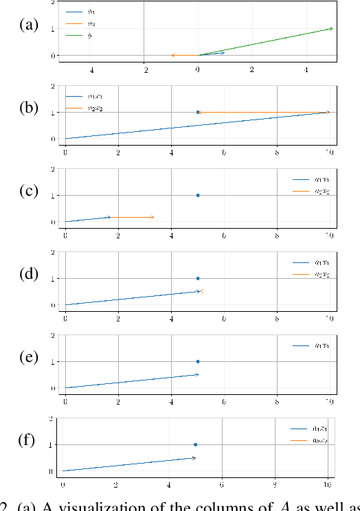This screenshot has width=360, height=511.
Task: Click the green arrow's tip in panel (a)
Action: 332,28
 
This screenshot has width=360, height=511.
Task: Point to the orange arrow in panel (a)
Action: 184,55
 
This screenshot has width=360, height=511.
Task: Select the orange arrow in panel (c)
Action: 132,217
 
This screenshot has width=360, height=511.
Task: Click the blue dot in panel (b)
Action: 198,112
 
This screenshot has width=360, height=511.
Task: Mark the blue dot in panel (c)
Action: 198,195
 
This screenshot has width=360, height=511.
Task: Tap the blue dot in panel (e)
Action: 198,361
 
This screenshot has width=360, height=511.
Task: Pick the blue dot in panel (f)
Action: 195,445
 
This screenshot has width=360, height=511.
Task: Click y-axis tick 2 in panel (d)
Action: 53,253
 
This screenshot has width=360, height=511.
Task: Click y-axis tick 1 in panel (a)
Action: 53,28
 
